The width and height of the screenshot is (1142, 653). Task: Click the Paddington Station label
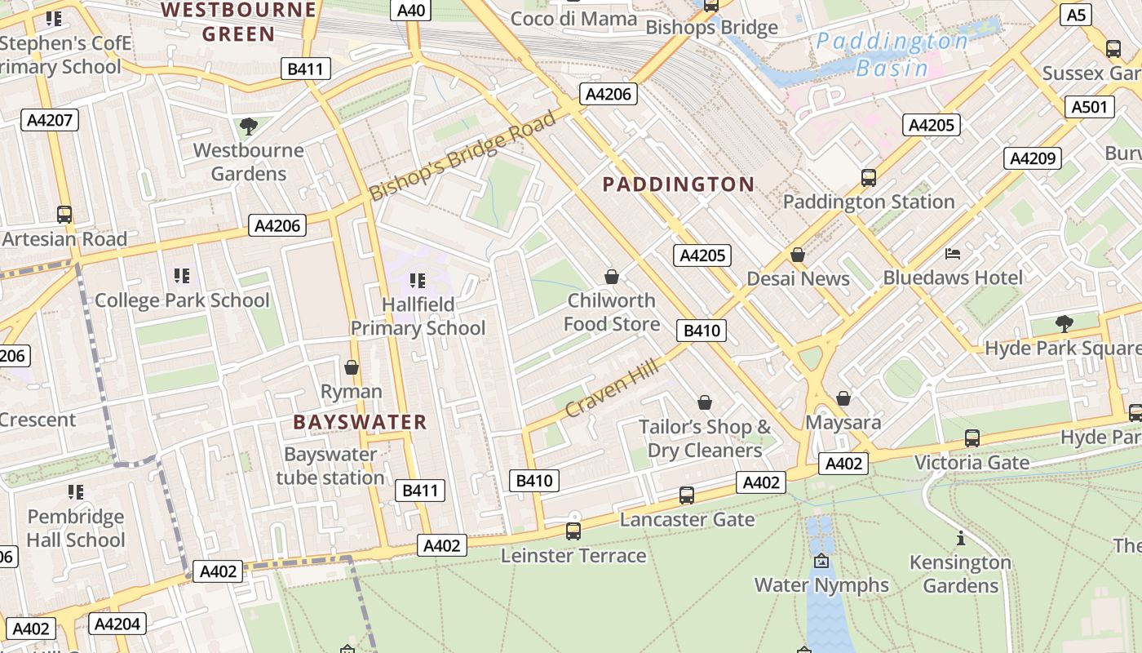tap(868, 202)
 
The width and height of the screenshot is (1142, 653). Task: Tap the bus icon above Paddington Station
tap(869, 178)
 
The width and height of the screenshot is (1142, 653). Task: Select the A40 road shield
tap(411, 10)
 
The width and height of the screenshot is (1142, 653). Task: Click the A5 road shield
tap(1077, 15)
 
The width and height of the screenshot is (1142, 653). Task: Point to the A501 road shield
tap(1089, 107)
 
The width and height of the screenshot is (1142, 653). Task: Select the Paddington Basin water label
tap(892, 54)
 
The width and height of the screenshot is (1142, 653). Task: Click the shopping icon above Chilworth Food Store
tap(612, 278)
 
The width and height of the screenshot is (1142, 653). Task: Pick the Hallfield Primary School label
tap(418, 316)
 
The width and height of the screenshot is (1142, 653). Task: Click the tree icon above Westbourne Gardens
tap(249, 127)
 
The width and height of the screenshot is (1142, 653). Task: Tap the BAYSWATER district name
tap(360, 422)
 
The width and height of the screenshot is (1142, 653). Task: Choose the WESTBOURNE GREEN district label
tap(238, 22)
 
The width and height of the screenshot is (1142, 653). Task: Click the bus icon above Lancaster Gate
tap(687, 495)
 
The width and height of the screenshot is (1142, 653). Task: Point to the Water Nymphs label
tap(821, 585)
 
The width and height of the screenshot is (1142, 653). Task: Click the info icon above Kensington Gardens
tap(961, 539)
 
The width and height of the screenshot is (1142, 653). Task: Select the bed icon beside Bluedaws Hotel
tap(952, 254)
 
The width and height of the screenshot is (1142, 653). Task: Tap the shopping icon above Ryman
tap(352, 368)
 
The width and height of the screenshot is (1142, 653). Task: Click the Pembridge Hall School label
tap(76, 528)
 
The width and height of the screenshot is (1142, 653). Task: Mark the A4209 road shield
tap(1033, 158)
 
